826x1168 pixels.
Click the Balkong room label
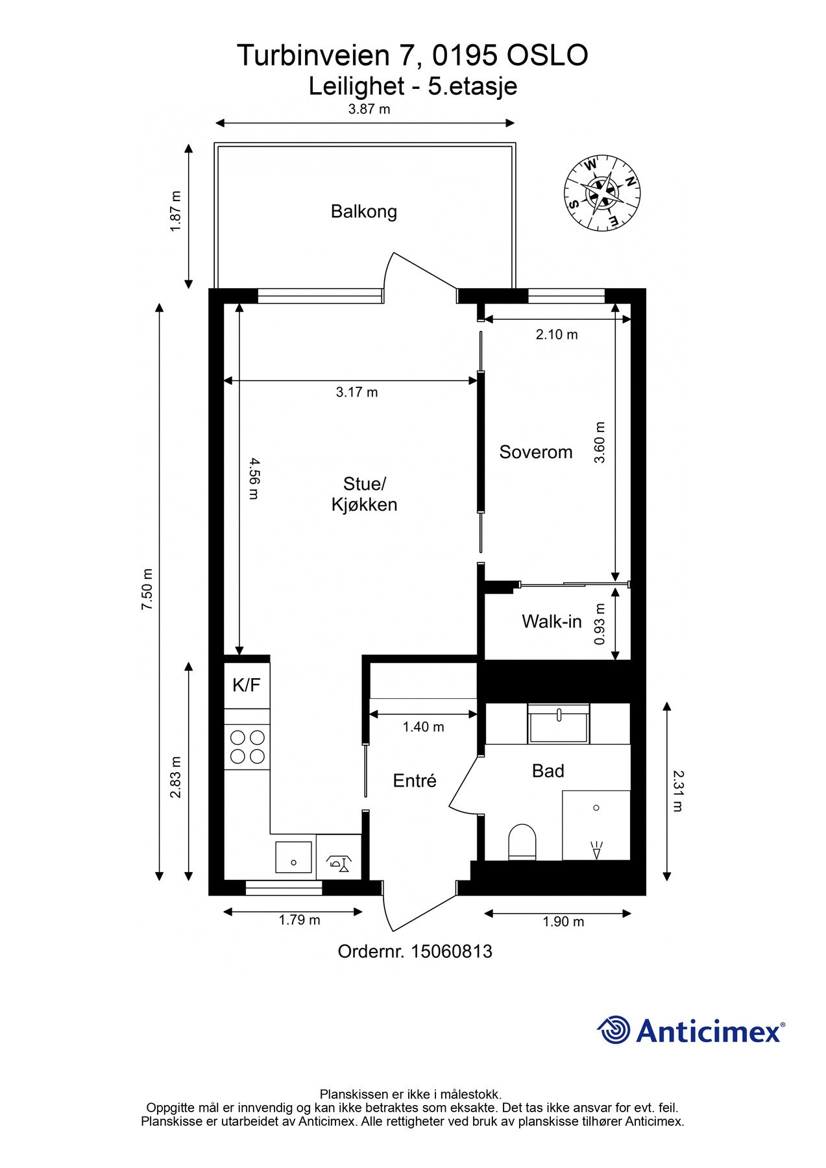pyautogui.click(x=363, y=212)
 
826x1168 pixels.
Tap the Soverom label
pyautogui.click(x=535, y=452)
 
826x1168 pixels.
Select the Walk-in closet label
pyautogui.click(x=552, y=622)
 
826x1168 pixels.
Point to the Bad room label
pyautogui.click(x=548, y=771)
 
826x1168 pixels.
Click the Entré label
pyautogui.click(x=415, y=781)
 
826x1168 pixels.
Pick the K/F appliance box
pyautogui.click(x=247, y=685)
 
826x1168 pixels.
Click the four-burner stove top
pyautogui.click(x=247, y=747)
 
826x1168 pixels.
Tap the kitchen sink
pyautogui.click(x=294, y=857)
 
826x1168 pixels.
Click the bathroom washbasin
pyautogui.click(x=559, y=724)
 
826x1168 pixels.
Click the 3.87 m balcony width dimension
pyautogui.click(x=369, y=109)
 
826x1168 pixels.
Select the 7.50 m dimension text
pyautogui.click(x=148, y=589)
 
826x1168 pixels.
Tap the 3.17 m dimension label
pyautogui.click(x=357, y=392)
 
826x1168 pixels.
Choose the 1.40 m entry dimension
pyautogui.click(x=423, y=727)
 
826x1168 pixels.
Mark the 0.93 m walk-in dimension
pyautogui.click(x=600, y=624)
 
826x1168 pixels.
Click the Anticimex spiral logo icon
pyautogui.click(x=614, y=1030)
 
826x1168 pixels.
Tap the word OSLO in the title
pyautogui.click(x=547, y=55)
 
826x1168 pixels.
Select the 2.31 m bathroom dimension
pyautogui.click(x=678, y=791)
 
